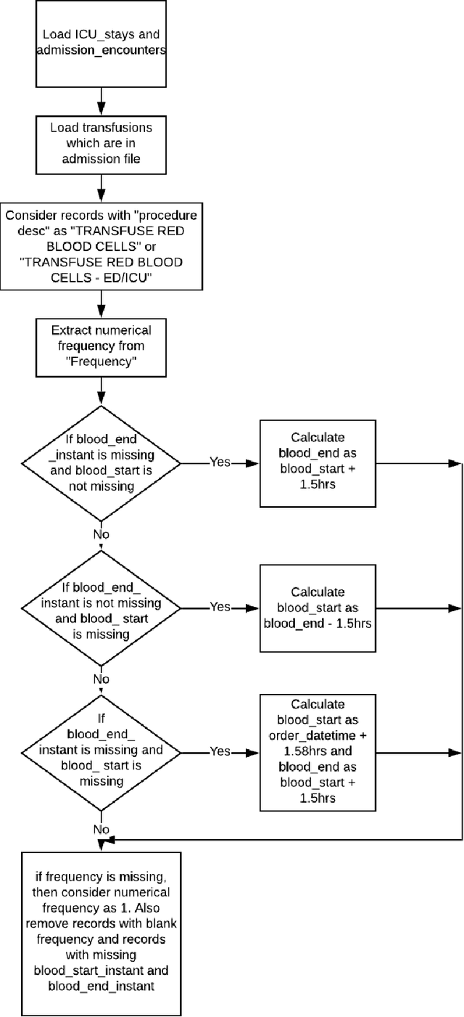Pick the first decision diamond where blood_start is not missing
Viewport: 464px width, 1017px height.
click(101, 462)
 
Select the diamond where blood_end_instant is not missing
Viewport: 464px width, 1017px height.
click(101, 606)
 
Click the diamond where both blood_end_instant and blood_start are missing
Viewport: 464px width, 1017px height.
click(101, 751)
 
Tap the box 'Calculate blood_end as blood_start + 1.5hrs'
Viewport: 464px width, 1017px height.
click(317, 462)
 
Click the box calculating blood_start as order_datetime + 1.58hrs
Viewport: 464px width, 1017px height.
click(317, 751)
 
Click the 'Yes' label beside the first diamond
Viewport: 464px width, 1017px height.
click(220, 462)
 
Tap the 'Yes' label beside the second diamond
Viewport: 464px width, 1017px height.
click(220, 606)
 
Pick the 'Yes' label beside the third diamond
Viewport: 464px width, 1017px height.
click(220, 751)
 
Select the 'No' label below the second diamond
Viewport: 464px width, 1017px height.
click(100, 679)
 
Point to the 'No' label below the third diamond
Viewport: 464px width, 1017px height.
click(100, 828)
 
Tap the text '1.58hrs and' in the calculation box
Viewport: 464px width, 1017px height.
click(317, 751)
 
